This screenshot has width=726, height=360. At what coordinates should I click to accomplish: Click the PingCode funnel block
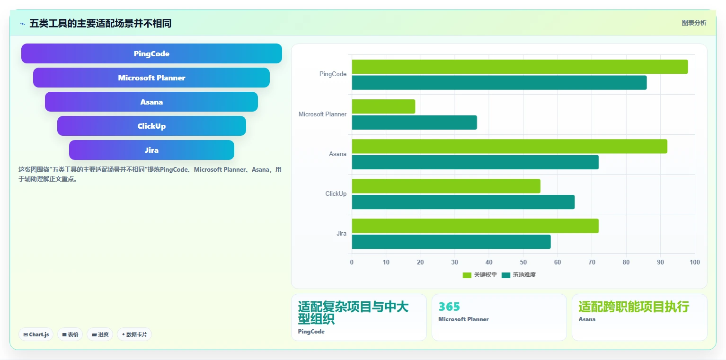pos(151,53)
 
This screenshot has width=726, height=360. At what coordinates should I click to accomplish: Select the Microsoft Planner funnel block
pos(151,78)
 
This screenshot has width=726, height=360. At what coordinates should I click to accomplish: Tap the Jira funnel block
pos(151,150)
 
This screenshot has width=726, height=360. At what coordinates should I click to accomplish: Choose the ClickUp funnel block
pos(151,126)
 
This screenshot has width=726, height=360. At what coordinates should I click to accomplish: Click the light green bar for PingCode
pos(520,67)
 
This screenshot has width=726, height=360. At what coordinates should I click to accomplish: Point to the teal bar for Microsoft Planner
pos(414,123)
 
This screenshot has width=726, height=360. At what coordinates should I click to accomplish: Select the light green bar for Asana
pos(510,147)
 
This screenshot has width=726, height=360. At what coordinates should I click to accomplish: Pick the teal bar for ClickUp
pos(463,202)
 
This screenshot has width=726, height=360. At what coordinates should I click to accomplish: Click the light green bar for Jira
pos(475,226)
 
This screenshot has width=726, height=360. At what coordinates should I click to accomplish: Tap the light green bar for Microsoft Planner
pos(383,106)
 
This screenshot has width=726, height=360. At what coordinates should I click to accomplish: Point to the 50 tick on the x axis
pos(523,262)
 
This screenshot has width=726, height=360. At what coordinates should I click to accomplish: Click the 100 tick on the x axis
pos(695,262)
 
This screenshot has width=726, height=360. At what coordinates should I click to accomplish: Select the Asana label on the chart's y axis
pos(337,154)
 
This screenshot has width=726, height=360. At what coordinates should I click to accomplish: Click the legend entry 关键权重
pos(480,275)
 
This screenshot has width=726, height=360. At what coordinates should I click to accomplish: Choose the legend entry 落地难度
pos(519,275)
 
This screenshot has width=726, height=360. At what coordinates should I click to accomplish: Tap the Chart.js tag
pos(36,334)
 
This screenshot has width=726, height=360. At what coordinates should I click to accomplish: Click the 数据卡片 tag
pos(134,334)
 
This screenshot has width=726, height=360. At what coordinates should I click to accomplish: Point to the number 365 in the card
pos(449,307)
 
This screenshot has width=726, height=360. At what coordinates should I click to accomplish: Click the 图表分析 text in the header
pos(694,23)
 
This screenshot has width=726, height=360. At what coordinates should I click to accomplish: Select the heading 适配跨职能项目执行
pos(634,307)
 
